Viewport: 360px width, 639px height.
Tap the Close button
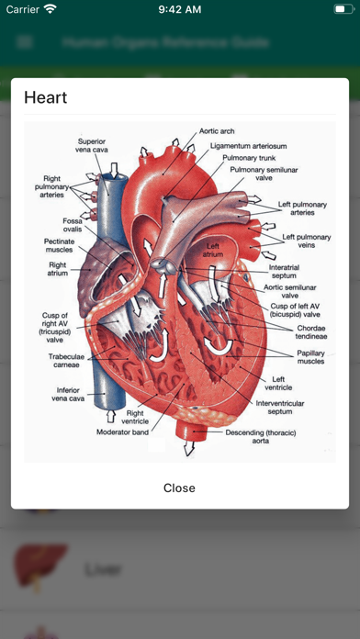pos(179,488)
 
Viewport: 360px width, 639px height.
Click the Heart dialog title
pos(46,96)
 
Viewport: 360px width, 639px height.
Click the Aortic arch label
pos(218,131)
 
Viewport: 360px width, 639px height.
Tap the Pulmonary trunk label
pos(245,158)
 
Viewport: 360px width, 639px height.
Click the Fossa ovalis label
pos(73,226)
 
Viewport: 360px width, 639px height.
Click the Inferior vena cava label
pos(66,395)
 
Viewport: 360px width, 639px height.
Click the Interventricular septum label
pos(282,407)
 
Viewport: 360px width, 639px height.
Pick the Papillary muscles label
pos(310,357)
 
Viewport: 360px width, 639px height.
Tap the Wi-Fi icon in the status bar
pos(50,9)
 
